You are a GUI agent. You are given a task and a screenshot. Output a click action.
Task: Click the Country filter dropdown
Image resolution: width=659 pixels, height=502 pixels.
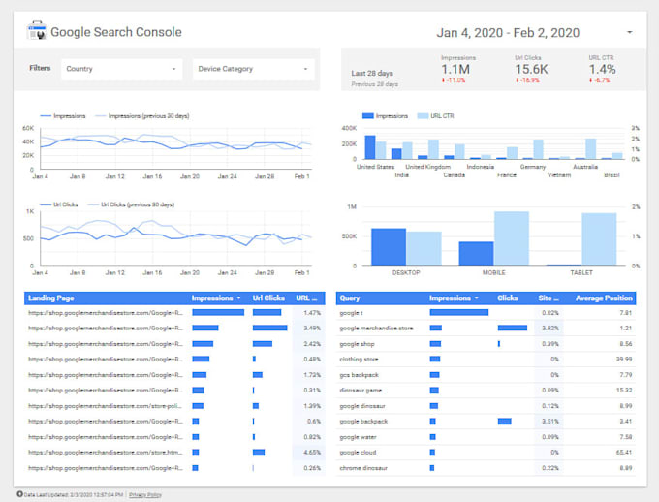tap(121, 69)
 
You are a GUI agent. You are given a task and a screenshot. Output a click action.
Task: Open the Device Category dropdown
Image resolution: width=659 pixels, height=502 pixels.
tap(254, 69)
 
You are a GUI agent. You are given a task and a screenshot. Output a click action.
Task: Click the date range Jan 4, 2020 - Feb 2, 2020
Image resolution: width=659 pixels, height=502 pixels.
tap(510, 32)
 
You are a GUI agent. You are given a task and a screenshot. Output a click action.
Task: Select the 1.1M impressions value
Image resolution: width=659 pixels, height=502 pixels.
tap(456, 70)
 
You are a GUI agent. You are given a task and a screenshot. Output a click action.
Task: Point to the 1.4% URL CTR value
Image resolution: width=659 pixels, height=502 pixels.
tap(602, 70)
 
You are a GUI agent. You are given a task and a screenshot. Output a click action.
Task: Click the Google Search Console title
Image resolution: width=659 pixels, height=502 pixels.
tap(115, 32)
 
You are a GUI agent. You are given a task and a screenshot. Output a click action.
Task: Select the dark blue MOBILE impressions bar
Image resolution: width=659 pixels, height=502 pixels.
tap(476, 254)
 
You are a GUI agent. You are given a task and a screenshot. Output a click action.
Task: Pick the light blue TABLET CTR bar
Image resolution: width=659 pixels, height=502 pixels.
tap(599, 239)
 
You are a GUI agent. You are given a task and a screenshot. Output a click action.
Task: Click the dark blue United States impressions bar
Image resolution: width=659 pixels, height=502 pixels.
tap(369, 147)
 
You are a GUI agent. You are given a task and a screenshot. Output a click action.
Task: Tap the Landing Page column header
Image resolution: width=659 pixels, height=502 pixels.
tap(52, 298)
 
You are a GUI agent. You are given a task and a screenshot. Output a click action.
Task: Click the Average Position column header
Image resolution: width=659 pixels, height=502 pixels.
tap(604, 298)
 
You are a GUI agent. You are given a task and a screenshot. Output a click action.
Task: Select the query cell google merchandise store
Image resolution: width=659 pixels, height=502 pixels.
tap(376, 329)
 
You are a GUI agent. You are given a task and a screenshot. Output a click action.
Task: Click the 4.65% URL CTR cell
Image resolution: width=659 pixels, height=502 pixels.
tap(311, 453)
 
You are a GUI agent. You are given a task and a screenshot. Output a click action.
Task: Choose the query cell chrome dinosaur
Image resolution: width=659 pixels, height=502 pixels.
tap(364, 468)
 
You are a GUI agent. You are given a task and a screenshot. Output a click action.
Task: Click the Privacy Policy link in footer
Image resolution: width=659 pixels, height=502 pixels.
tap(145, 493)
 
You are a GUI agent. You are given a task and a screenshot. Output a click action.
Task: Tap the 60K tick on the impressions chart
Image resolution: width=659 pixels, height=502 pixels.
tap(28, 127)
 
